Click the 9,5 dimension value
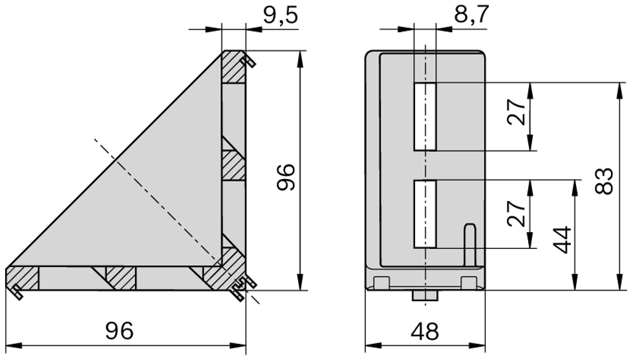pos(281,14)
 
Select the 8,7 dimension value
pos(471,14)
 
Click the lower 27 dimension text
pos(517,214)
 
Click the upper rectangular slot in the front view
pos(425,117)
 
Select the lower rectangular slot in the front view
pos(425,214)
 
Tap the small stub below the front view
pos(425,295)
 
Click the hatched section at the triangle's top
pos(233,67)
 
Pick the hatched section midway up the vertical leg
pos(235,165)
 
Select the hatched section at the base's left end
pos(22,279)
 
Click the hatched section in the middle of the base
pos(120,279)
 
